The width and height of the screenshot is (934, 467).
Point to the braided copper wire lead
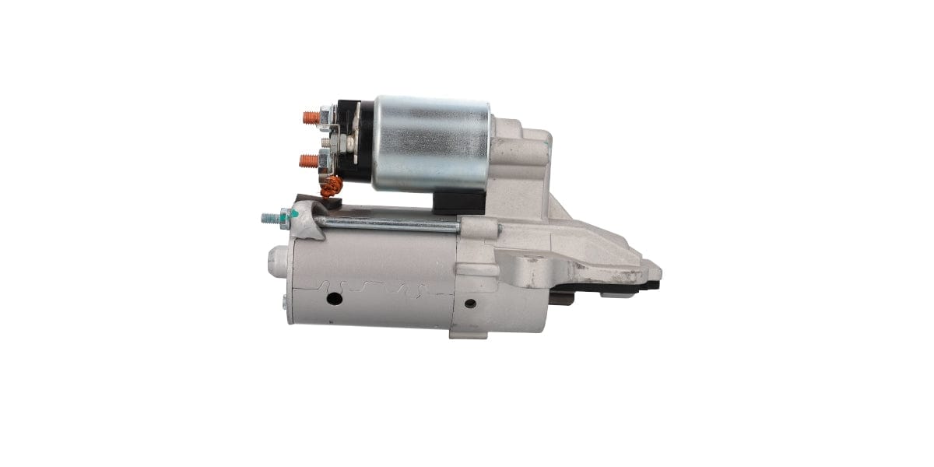click(x=332, y=187)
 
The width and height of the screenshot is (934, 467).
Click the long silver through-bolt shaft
click(x=389, y=225)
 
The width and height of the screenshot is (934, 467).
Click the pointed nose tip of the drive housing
click(x=655, y=272)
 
